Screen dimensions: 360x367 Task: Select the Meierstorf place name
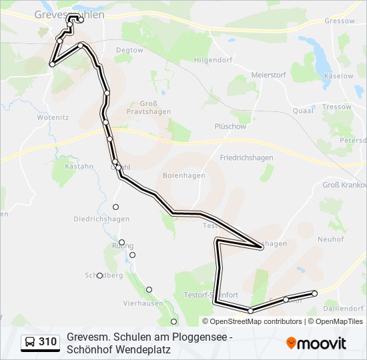pos(269,75)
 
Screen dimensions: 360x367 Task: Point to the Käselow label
pos(338,76)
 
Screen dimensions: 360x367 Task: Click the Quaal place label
pos(303,111)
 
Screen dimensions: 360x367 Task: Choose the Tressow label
pos(336,107)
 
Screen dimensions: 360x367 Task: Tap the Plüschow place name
pos(230,126)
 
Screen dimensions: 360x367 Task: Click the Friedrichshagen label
pos(246,158)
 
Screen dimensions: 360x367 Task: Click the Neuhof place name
pos(330,239)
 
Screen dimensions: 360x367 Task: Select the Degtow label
pos(129,50)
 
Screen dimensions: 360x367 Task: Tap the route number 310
pos(47,343)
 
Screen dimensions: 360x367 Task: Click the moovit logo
pos(316,343)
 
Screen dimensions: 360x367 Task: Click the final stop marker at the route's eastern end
pos(314,293)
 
